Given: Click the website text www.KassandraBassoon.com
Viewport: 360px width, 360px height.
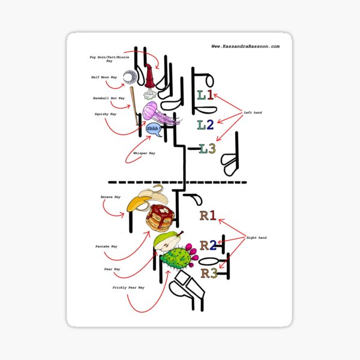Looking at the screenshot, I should point(246,46).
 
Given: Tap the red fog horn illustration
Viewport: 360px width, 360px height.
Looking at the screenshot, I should point(150,78).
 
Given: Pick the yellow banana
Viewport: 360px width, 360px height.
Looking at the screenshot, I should point(144,199).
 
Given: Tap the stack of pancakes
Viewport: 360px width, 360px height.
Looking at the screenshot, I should point(160,218).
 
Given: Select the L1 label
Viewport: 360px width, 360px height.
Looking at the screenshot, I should point(205,95).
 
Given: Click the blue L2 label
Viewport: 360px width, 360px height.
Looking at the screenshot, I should point(206,124).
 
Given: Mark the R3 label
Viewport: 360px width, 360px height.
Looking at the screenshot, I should point(210,273).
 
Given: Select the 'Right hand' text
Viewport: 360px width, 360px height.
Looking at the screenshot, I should point(256,238).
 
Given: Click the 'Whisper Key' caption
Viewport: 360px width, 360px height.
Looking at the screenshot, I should point(144,154).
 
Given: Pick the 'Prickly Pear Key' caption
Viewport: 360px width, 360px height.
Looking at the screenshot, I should point(128,287).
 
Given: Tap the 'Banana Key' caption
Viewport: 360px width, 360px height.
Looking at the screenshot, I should point(110,197).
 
